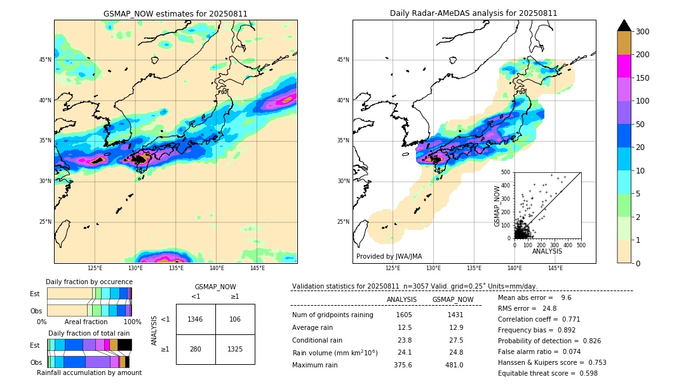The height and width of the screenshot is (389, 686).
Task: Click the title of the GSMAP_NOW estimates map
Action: coord(175,13)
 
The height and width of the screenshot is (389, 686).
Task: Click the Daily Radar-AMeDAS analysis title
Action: coord(473,13)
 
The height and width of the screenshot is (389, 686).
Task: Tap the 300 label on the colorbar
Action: coord(642,32)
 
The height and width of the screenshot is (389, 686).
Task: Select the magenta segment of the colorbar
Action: coord(624,66)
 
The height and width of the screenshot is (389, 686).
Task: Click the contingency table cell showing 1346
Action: coord(196,319)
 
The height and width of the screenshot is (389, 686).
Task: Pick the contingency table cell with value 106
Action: coord(235,319)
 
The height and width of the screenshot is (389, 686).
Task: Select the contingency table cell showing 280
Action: coord(196,349)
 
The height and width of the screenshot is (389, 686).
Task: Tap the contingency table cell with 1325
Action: coord(235,349)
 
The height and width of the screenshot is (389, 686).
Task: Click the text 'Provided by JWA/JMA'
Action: coord(389,257)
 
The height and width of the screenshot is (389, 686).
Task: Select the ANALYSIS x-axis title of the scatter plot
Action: coord(547,251)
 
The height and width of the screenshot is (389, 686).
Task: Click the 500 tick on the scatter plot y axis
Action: coord(506,172)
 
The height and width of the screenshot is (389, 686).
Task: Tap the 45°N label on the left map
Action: coord(45,60)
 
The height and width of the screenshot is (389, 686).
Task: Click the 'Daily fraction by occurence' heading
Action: coord(89,282)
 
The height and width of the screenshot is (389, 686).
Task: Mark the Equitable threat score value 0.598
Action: coord(584,373)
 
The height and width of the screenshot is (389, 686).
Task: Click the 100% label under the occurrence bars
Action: coord(132,322)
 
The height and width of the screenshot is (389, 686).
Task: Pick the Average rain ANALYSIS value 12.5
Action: coord(405,327)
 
